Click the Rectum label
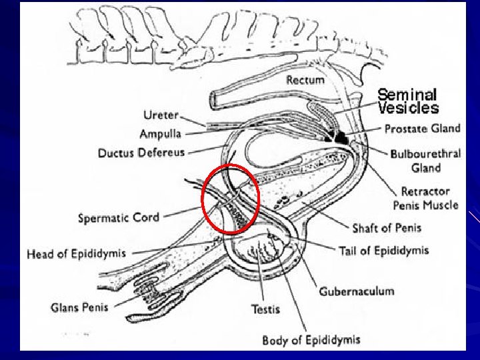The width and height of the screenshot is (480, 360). pos(305,80)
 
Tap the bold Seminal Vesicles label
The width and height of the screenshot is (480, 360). pos(409,101)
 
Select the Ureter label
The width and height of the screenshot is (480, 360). pos(161,115)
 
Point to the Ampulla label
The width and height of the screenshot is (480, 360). pos(160,134)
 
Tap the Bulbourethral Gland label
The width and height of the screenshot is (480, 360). pos(425,161)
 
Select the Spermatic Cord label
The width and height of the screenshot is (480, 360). pos(119,217)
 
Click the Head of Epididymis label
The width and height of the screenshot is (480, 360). pos(76,254)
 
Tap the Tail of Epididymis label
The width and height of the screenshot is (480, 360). pos(384,251)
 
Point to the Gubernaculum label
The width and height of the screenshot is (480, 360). pos(356,291)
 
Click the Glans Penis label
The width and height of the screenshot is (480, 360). pos(79,307)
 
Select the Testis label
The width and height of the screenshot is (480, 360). pos(265,309)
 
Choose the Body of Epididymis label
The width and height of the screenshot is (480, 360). pos(311,340)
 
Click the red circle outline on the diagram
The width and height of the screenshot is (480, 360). pos(204,199)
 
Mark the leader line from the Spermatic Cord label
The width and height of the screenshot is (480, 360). pos(183,212)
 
